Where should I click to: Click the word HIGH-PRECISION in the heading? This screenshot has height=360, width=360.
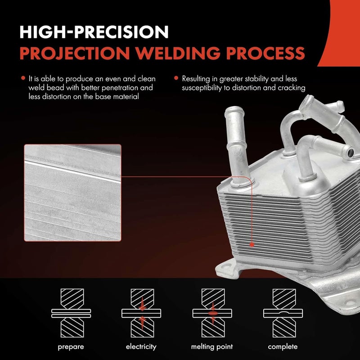pyautogui.click(x=94, y=32)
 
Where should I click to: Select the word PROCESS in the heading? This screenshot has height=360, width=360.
pyautogui.click(x=266, y=53)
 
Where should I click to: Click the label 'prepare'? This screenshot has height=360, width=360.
pyautogui.click(x=71, y=346)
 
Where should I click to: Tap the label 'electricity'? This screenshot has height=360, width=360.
pyautogui.click(x=141, y=346)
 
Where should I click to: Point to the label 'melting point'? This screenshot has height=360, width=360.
pyautogui.click(x=212, y=346)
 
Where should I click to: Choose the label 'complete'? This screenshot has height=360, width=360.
pyautogui.click(x=283, y=346)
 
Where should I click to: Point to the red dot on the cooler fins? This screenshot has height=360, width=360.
pyautogui.click(x=252, y=244)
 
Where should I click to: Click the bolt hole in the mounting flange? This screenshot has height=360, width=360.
pyautogui.click(x=347, y=299)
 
